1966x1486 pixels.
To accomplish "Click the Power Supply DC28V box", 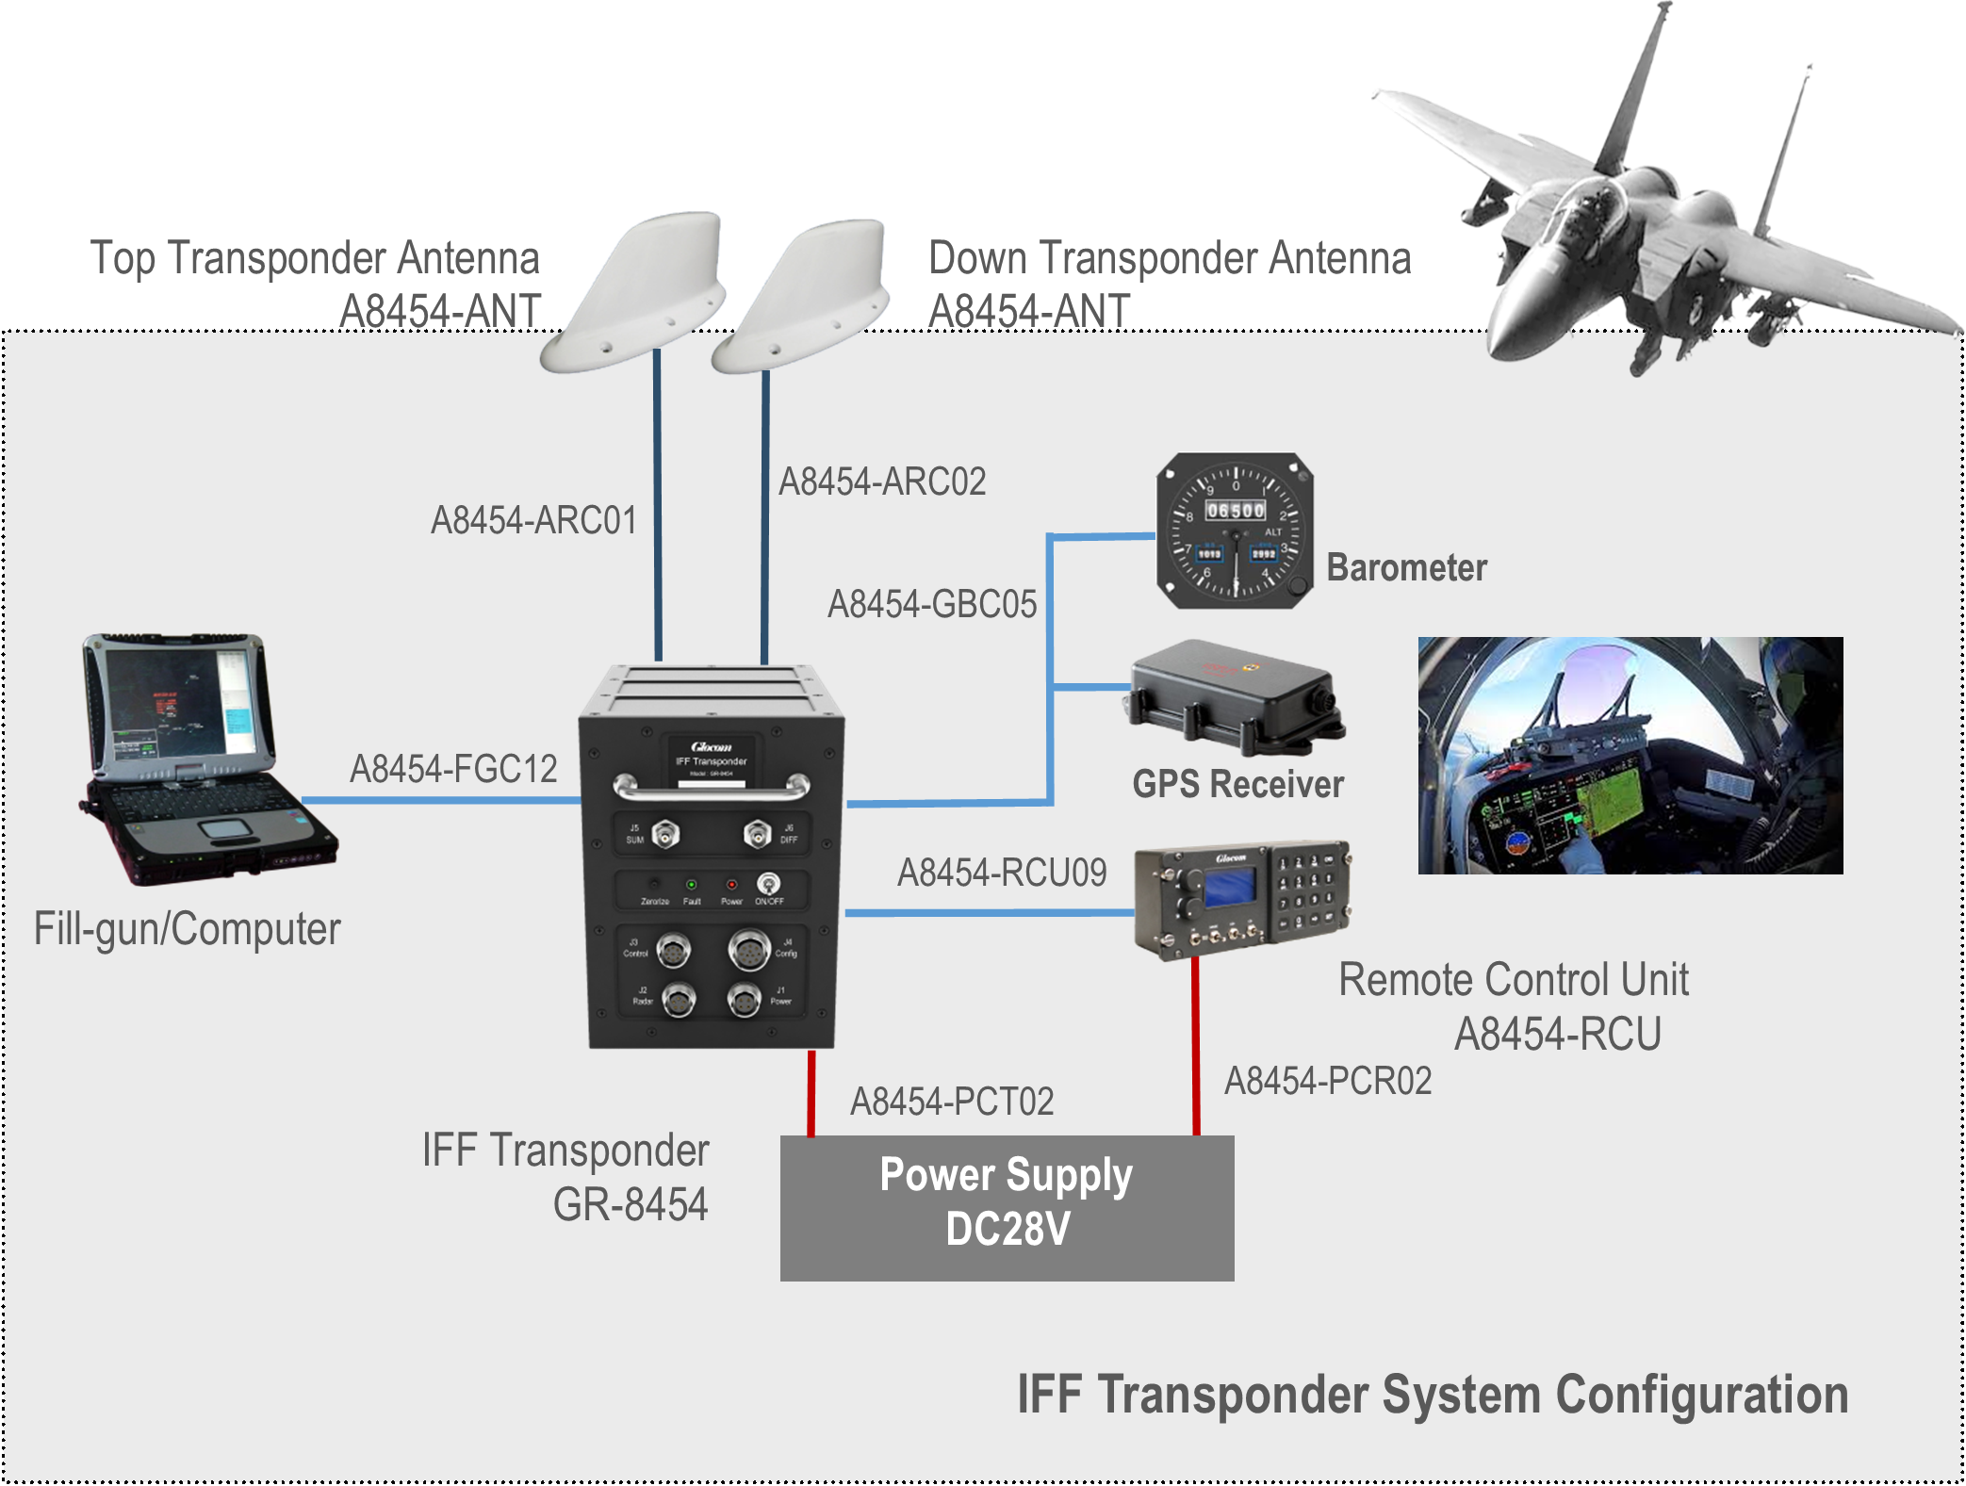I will tap(1007, 1207).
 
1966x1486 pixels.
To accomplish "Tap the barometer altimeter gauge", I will tap(1235, 531).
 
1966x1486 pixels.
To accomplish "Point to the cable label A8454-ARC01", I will tap(533, 521).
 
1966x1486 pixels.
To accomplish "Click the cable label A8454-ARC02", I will tap(881, 482).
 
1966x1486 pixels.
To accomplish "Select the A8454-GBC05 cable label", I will tap(931, 605).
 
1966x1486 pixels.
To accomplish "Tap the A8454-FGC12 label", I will tap(453, 769).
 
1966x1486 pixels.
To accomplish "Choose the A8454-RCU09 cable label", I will tap(1001, 873).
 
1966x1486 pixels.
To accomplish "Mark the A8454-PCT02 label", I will tap(952, 1102).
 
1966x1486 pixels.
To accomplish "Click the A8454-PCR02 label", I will tap(1327, 1081).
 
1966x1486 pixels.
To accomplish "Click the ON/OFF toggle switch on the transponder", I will tap(769, 884).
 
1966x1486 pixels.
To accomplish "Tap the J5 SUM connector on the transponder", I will tap(666, 834).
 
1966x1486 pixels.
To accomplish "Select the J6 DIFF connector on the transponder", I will tap(757, 834).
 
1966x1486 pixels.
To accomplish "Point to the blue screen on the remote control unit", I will tap(1229, 887).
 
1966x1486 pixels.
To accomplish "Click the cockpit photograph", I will tap(1630, 756).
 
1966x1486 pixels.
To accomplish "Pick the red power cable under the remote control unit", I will tap(1196, 1046).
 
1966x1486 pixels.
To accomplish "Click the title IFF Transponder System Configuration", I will tap(1432, 1395).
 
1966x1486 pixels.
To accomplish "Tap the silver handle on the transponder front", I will tap(712, 785).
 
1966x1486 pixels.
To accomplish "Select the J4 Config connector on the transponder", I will tap(748, 949).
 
